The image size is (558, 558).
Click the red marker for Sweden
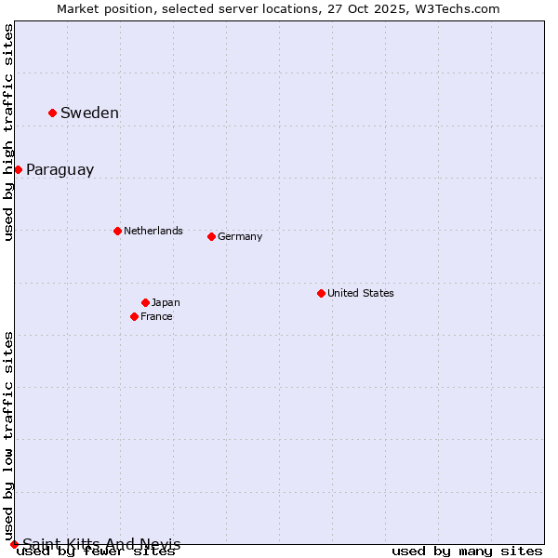pos(52,113)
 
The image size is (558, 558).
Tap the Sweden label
pos(89,113)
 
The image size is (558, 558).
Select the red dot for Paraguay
pos(18,169)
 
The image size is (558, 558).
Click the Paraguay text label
pos(60,170)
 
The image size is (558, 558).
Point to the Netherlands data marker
pos(117,231)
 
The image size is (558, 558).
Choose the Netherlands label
pos(153,231)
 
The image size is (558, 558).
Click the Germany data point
pos(211,236)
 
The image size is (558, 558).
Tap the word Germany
pos(240,237)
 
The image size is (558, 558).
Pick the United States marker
pos(321,293)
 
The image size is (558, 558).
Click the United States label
pos(360,294)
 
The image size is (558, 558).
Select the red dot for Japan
pos(145,302)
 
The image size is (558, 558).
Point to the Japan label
pos(166,303)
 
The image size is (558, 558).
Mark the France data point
pos(134,316)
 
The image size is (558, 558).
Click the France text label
pos(156,317)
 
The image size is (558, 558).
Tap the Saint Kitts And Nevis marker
pos(14,544)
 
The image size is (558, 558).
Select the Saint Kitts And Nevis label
pos(101,544)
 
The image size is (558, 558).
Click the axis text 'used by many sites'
pos(467,551)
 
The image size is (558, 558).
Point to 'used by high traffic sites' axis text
pos(9,132)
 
